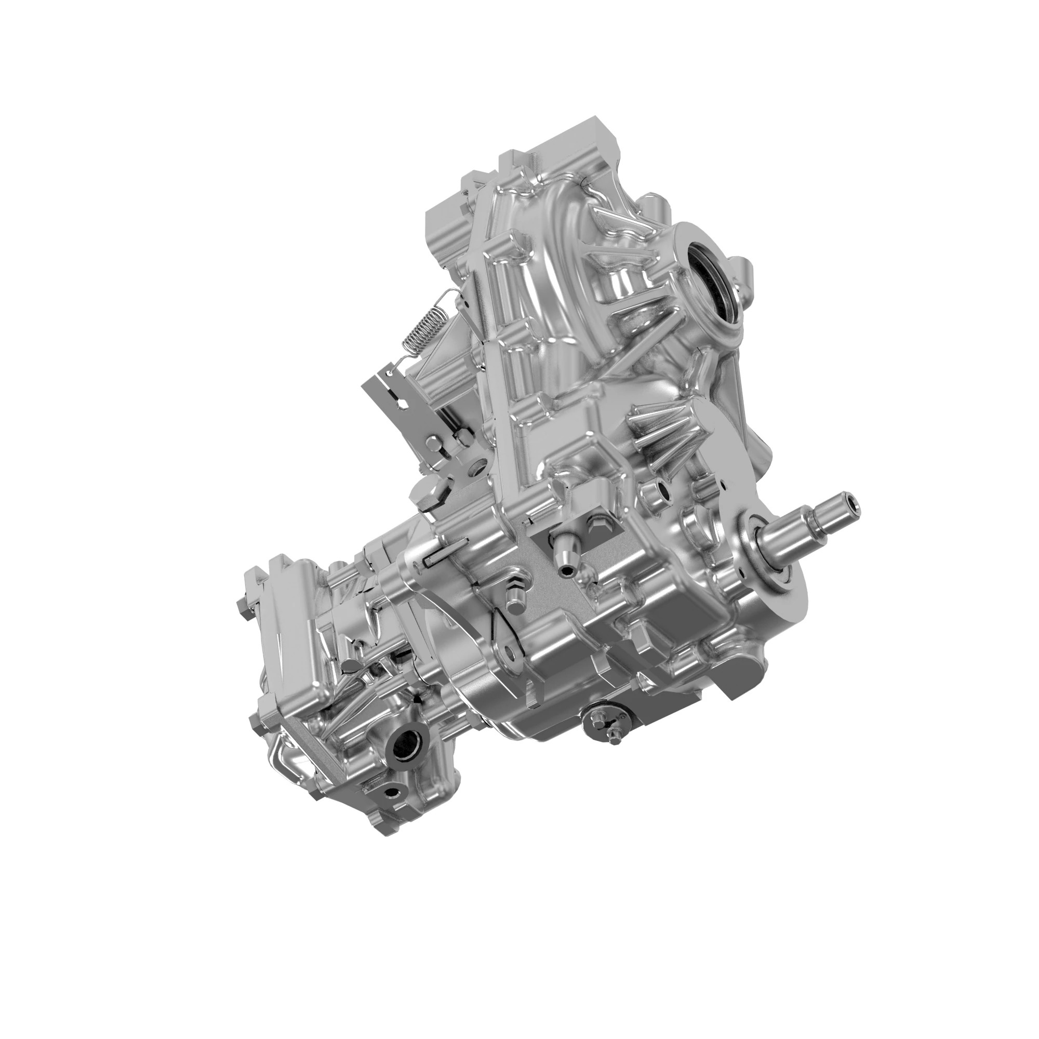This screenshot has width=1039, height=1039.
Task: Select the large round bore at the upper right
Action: pyautogui.click(x=710, y=272)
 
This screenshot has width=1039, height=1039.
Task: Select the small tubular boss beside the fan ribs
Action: pyautogui.click(x=660, y=487)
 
